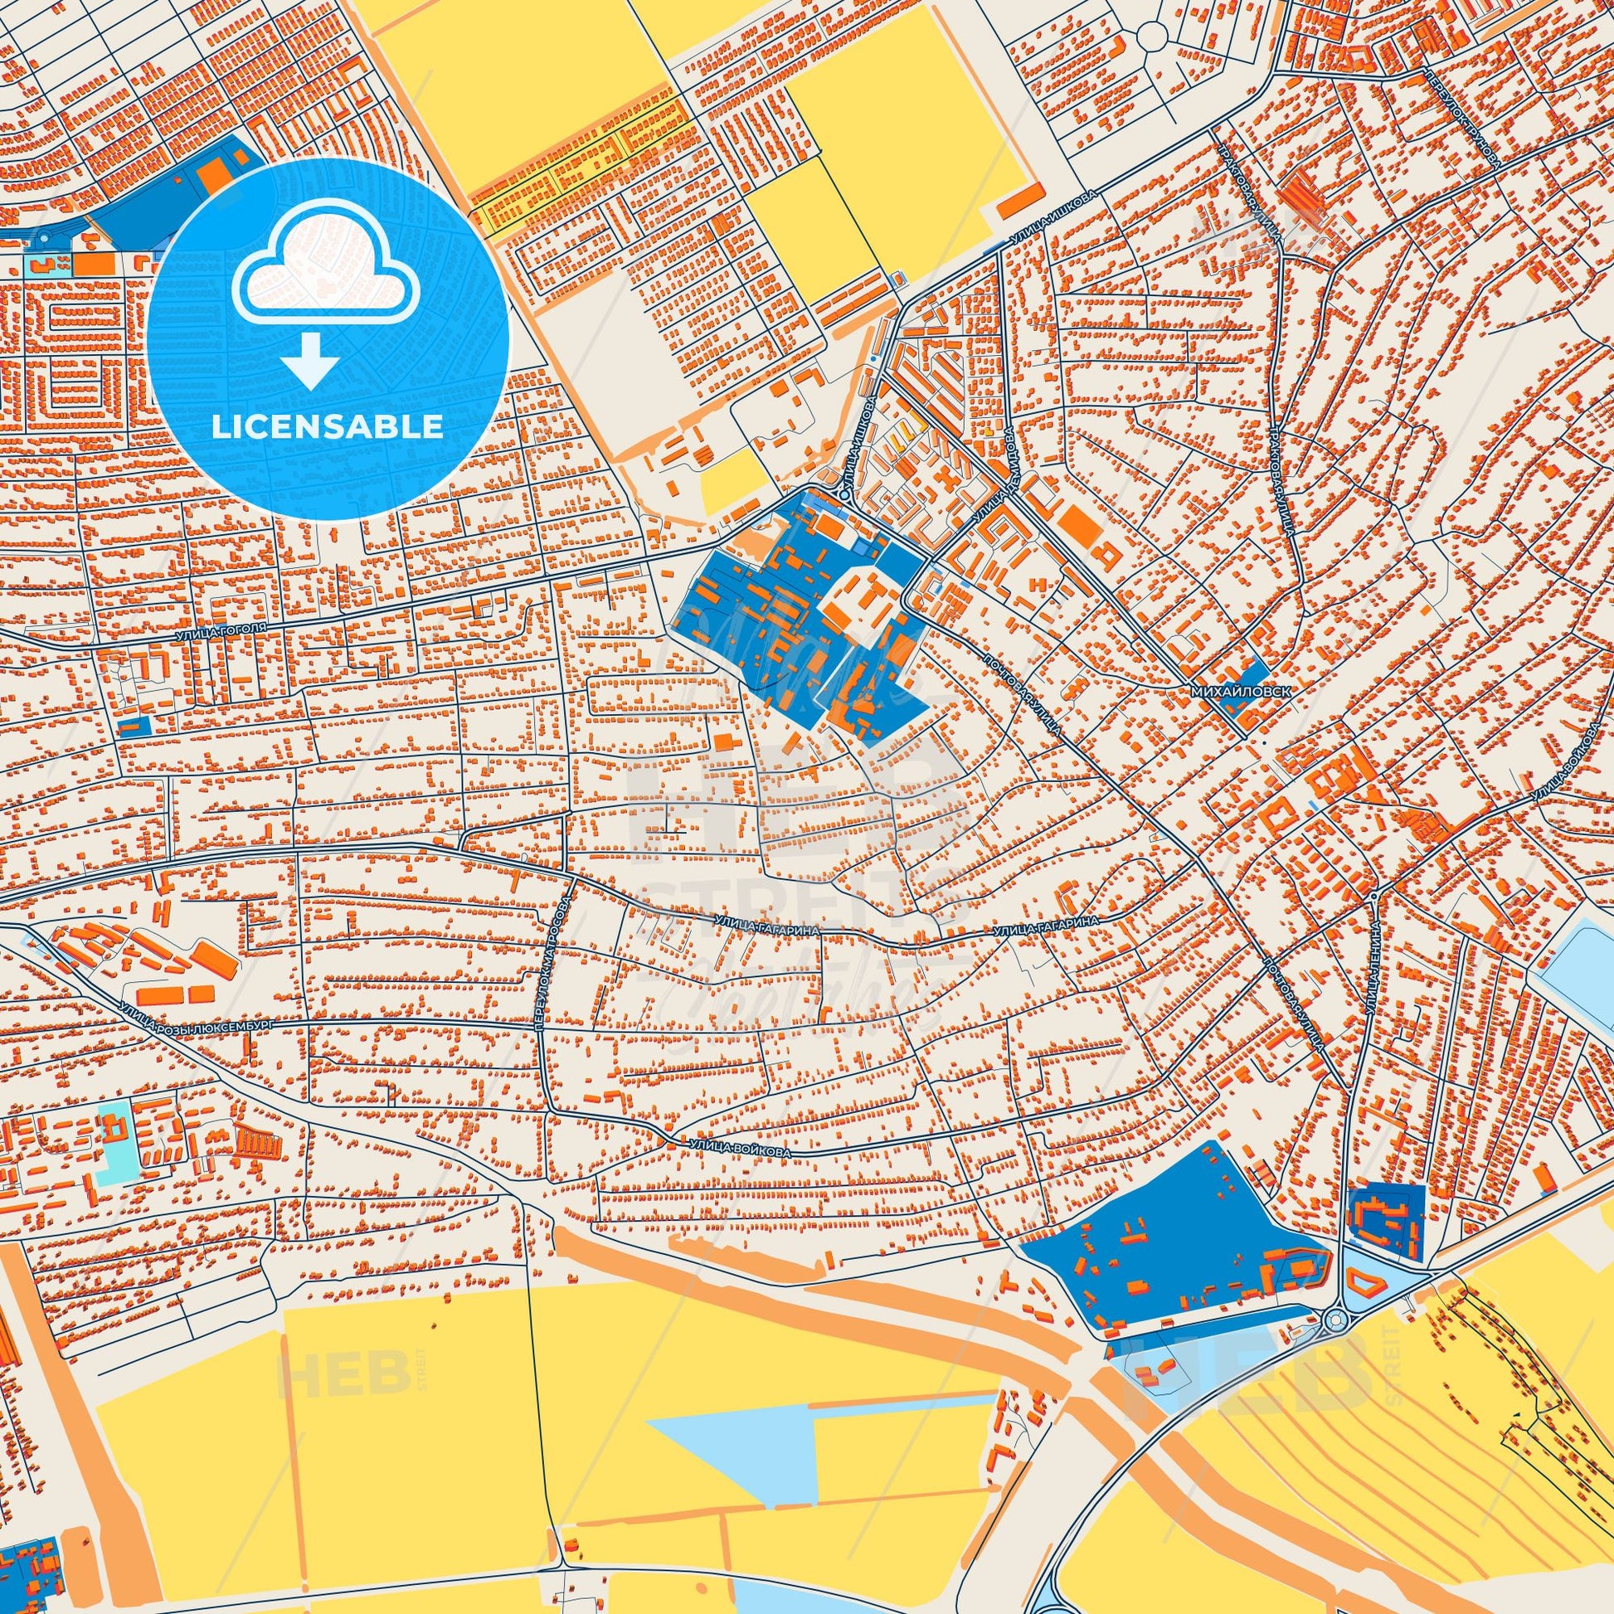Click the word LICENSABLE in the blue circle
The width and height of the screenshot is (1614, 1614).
tap(328, 426)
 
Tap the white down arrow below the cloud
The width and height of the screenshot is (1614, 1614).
tap(310, 357)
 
